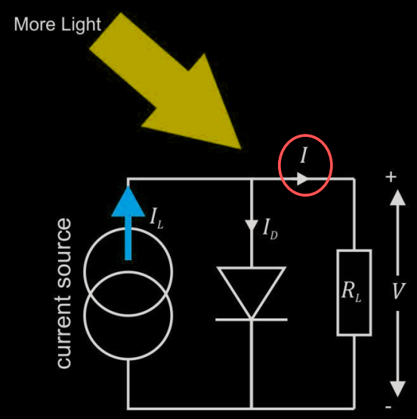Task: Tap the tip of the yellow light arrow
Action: pos(241,149)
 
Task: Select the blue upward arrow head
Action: pos(128,201)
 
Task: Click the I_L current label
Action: pos(156,218)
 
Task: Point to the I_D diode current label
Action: pos(270,228)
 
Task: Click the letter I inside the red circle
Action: pos(304,155)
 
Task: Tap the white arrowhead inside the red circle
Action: pos(303,178)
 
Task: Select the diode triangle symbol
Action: pos(252,293)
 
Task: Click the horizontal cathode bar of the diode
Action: pos(252,320)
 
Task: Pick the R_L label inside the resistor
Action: pos(351,292)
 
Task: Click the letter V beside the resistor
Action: pos(399,290)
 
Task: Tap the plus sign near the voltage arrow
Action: pos(391,177)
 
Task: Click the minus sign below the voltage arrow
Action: pos(388,407)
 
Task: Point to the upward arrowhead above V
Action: pos(398,197)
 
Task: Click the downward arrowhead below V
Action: pos(398,389)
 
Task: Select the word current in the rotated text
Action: pos(64,331)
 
